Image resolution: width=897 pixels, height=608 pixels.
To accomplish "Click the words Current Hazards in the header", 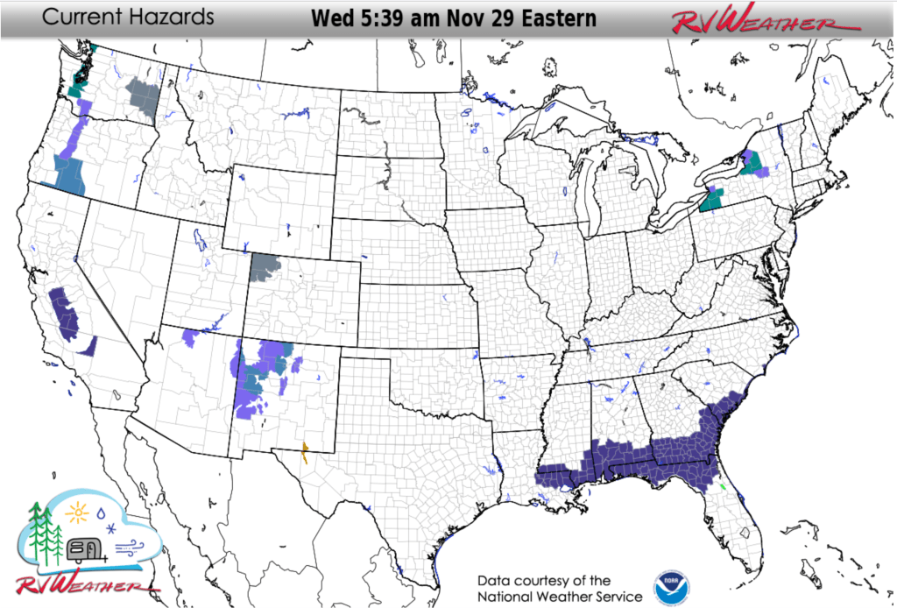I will coord(128,17).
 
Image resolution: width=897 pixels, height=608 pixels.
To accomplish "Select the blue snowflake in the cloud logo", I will coord(110,527).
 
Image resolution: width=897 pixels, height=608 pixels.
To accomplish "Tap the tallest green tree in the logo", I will coord(37,530).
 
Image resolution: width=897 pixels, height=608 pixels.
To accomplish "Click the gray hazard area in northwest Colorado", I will coord(265,267).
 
